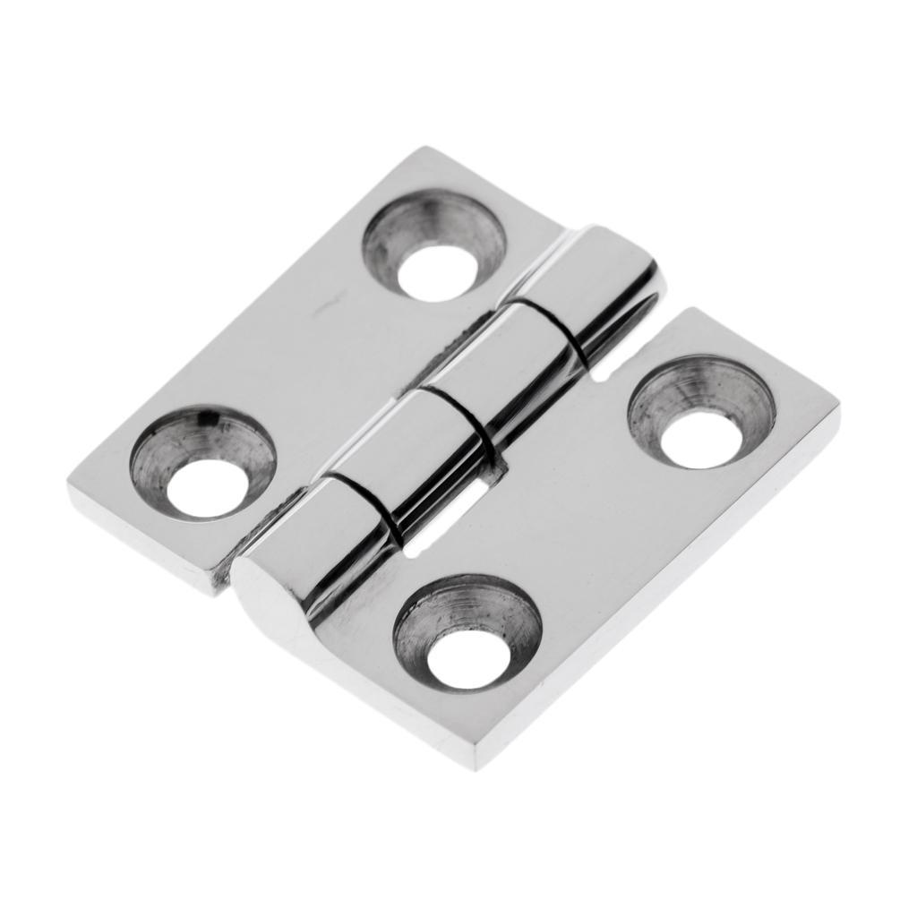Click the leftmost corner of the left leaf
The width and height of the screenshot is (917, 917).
pyautogui.click(x=70, y=488)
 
